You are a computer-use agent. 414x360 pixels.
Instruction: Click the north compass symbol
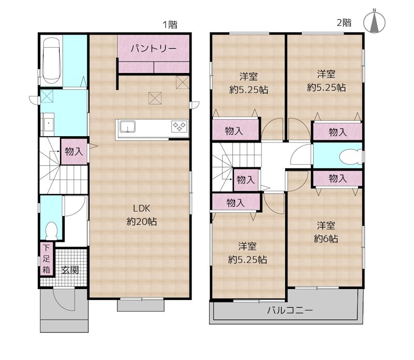click(x=374, y=23)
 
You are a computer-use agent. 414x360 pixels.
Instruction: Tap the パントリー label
click(x=153, y=49)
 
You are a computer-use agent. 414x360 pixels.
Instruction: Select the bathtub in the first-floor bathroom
click(x=51, y=61)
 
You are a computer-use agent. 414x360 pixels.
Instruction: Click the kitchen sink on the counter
click(x=127, y=126)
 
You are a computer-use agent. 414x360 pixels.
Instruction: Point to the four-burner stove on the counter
click(x=180, y=126)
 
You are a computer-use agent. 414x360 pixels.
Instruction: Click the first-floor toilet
click(x=51, y=230)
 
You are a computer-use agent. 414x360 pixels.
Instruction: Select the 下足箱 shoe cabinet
click(x=47, y=259)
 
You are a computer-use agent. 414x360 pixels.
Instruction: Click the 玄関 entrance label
click(x=70, y=270)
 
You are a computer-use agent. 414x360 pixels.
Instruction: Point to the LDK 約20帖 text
click(x=142, y=215)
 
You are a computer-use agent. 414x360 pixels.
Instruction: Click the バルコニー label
click(x=290, y=310)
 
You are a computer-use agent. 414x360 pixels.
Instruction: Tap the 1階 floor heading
click(x=170, y=25)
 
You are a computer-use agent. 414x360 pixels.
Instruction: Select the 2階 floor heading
click(x=344, y=23)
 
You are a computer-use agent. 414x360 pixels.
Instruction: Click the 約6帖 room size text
click(x=326, y=239)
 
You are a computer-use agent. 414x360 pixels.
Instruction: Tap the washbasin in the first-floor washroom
click(x=48, y=122)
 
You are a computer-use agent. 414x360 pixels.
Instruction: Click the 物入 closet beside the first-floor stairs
click(x=74, y=151)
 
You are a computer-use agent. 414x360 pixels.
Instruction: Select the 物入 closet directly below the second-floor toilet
click(x=338, y=179)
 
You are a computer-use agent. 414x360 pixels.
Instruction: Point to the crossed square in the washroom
click(x=47, y=96)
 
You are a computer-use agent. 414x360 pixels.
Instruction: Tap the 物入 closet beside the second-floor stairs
click(x=246, y=180)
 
